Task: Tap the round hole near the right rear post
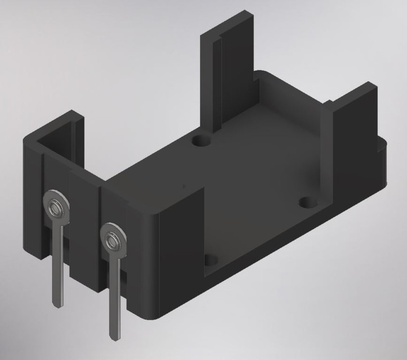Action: pos(307,201)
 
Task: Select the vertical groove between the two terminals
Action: pos(100,236)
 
